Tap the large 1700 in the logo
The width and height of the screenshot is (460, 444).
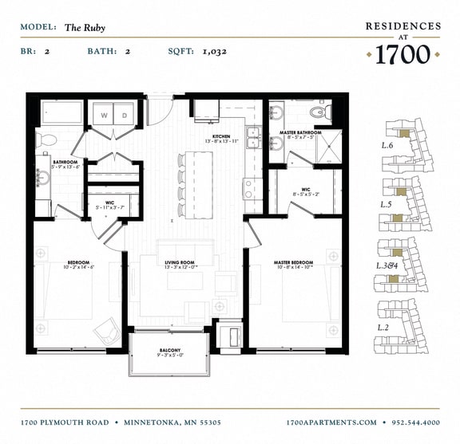(x=403, y=54)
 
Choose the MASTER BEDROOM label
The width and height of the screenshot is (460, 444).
(x=293, y=263)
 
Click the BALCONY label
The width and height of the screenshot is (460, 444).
(x=169, y=350)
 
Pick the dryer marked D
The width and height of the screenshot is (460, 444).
(x=125, y=115)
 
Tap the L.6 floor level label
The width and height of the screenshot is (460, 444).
(x=388, y=146)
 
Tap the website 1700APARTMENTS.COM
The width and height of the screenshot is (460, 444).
(x=331, y=422)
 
